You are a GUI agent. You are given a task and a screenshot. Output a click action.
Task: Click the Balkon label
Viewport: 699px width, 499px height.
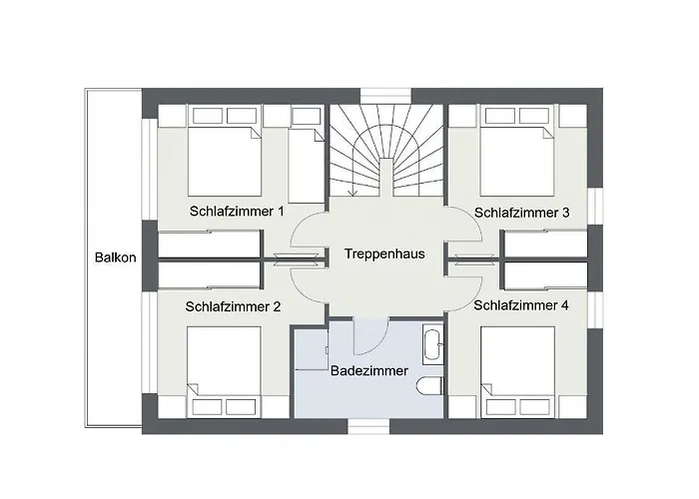click(109, 256)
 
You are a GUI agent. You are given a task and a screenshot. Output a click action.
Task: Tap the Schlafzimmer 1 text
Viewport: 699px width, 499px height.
click(237, 212)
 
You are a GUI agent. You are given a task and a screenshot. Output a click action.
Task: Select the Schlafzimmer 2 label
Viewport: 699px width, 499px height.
click(234, 306)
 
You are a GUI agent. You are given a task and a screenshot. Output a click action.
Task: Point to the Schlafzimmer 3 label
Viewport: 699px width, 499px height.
click(522, 212)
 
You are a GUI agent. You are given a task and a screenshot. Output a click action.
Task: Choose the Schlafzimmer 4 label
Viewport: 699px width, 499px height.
click(521, 305)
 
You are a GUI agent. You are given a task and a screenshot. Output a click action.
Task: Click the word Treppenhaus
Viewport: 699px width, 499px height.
click(384, 253)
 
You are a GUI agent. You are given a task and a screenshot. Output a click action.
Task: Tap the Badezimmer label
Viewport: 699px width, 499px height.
click(368, 370)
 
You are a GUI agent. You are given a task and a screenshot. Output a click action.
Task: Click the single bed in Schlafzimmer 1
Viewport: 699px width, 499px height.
click(305, 160)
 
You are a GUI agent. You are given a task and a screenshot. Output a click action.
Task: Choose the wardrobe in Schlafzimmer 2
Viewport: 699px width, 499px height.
click(210, 273)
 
